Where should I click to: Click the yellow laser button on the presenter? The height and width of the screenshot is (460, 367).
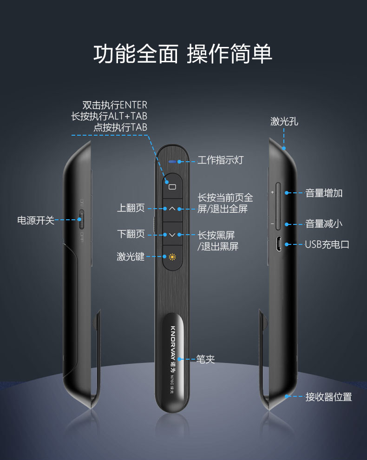tap(172, 256)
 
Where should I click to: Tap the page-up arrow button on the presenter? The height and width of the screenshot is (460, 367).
tap(172, 209)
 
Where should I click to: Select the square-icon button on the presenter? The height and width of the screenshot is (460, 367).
tap(172, 187)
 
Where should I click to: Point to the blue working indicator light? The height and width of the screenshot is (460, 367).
tap(173, 162)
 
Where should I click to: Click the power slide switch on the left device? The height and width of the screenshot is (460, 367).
tap(82, 220)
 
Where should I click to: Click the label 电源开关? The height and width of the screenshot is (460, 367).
tap(36, 220)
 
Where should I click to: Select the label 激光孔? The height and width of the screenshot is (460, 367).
tap(284, 122)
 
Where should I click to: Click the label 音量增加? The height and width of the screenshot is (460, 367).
tap(324, 193)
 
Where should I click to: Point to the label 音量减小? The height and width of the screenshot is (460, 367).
tap(324, 224)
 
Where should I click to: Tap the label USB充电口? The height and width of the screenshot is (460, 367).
tap(327, 244)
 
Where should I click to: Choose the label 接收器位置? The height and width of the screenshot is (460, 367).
tap(328, 397)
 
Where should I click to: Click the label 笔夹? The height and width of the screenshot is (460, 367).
tap(205, 359)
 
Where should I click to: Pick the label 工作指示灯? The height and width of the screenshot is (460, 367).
tap(220, 160)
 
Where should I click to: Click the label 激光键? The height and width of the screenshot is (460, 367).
tap(131, 256)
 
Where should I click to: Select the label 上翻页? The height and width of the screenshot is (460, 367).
tap(131, 209)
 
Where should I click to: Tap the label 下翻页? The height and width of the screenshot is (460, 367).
tap(131, 234)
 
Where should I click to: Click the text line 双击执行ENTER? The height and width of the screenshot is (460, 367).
tap(114, 105)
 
